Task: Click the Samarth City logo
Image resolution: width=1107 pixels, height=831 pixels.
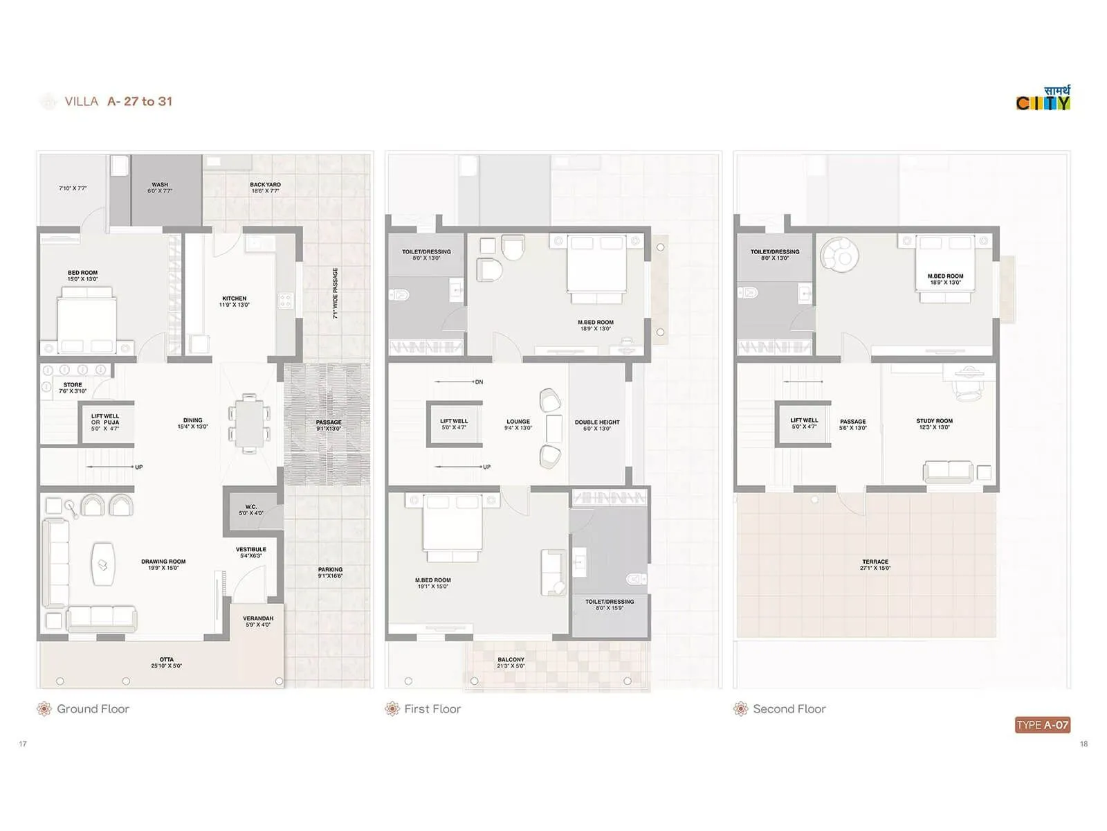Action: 1043,98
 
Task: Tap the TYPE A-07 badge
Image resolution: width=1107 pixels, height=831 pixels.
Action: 1043,725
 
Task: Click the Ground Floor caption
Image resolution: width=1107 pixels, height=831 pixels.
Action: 93,709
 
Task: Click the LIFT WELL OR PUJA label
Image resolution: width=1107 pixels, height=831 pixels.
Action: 105,422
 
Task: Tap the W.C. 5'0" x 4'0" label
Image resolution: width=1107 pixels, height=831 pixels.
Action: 251,510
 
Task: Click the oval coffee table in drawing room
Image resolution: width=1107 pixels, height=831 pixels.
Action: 103,564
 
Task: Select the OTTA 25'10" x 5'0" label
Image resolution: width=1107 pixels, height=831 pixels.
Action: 167,663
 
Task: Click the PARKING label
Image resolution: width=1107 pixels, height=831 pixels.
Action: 330,573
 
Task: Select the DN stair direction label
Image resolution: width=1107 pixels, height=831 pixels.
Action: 479,382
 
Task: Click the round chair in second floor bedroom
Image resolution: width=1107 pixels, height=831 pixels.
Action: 839,254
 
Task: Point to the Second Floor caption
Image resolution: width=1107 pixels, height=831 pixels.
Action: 789,709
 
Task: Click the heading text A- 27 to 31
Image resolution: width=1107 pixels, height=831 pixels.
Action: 140,101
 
